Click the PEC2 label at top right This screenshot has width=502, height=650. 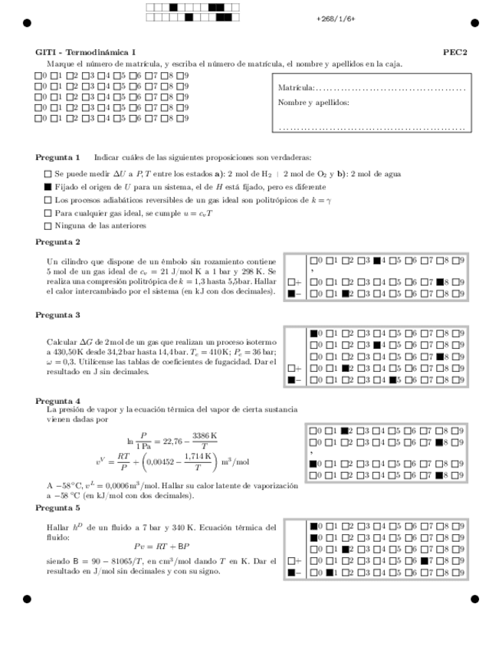[x=455, y=52]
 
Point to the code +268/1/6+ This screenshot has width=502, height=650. [x=336, y=18]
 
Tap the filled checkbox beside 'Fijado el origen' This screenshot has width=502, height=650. [x=48, y=186]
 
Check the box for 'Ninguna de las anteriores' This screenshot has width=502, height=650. [x=48, y=225]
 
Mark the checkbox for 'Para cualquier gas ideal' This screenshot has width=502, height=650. [x=48, y=212]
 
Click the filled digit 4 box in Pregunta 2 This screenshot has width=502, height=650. [x=377, y=260]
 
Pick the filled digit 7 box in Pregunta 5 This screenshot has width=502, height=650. [x=424, y=560]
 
